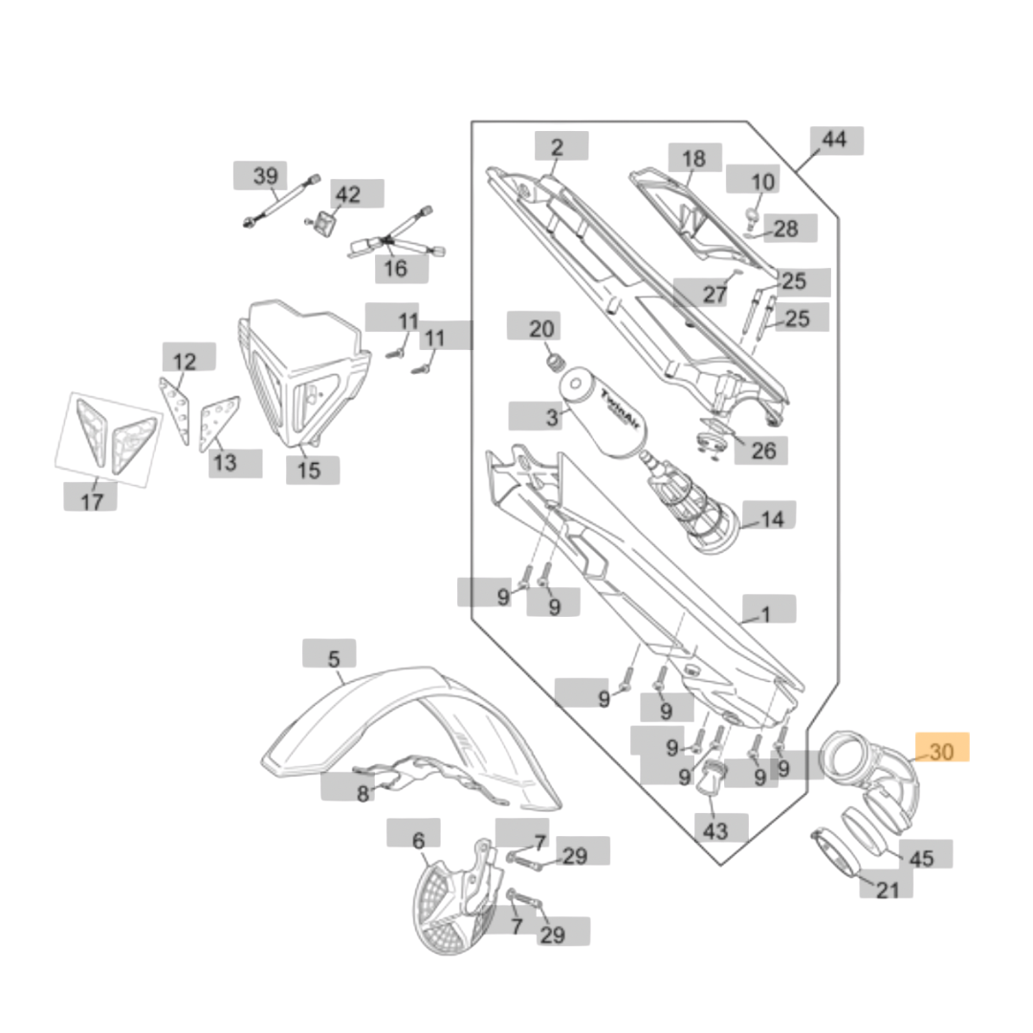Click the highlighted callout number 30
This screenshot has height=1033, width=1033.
[942, 752]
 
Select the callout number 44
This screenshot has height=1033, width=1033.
[834, 140]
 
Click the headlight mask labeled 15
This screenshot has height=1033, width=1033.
[301, 373]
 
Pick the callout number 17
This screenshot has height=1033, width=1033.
[92, 499]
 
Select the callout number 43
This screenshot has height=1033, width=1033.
[715, 830]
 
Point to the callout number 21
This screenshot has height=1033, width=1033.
[889, 890]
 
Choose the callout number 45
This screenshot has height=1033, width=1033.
[920, 859]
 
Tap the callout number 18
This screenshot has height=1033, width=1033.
[693, 159]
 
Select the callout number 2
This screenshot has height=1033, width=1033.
[557, 147]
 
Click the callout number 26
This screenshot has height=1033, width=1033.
[763, 450]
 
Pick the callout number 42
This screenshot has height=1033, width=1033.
[348, 194]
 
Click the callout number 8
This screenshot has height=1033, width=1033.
[363, 793]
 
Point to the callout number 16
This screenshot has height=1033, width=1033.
[395, 268]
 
